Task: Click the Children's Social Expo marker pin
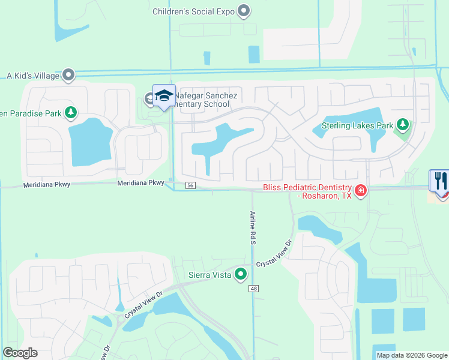pos(244,10)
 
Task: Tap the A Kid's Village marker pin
pos(68,76)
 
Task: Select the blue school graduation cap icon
pos(163,95)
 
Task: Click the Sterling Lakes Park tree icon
pos(403,125)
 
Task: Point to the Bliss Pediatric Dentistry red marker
pos(361,191)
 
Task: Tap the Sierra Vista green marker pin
pos(241,274)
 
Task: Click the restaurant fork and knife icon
pos(439,180)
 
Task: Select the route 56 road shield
pos(190,186)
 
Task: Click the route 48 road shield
pos(255,289)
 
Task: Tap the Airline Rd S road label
pos(253,227)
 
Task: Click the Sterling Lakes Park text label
pos(357,125)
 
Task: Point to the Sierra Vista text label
pos(209,275)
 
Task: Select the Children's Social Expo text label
pos(193,11)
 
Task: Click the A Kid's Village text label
pos(33,76)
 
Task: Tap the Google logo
pos(20,353)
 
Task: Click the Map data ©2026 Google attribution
pos(411,355)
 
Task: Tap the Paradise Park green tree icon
pos(71,112)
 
